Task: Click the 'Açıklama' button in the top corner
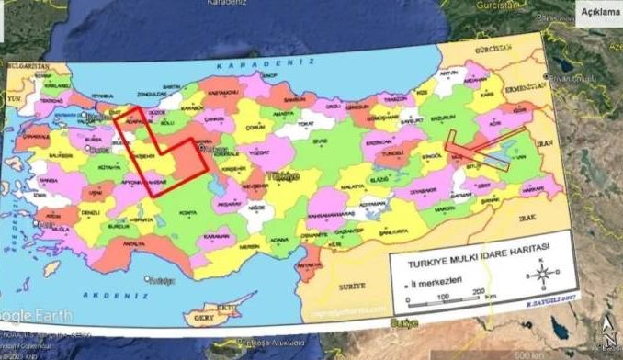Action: tap(600, 11)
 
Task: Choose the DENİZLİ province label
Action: tap(90, 212)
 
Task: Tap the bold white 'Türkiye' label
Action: tap(282, 174)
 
